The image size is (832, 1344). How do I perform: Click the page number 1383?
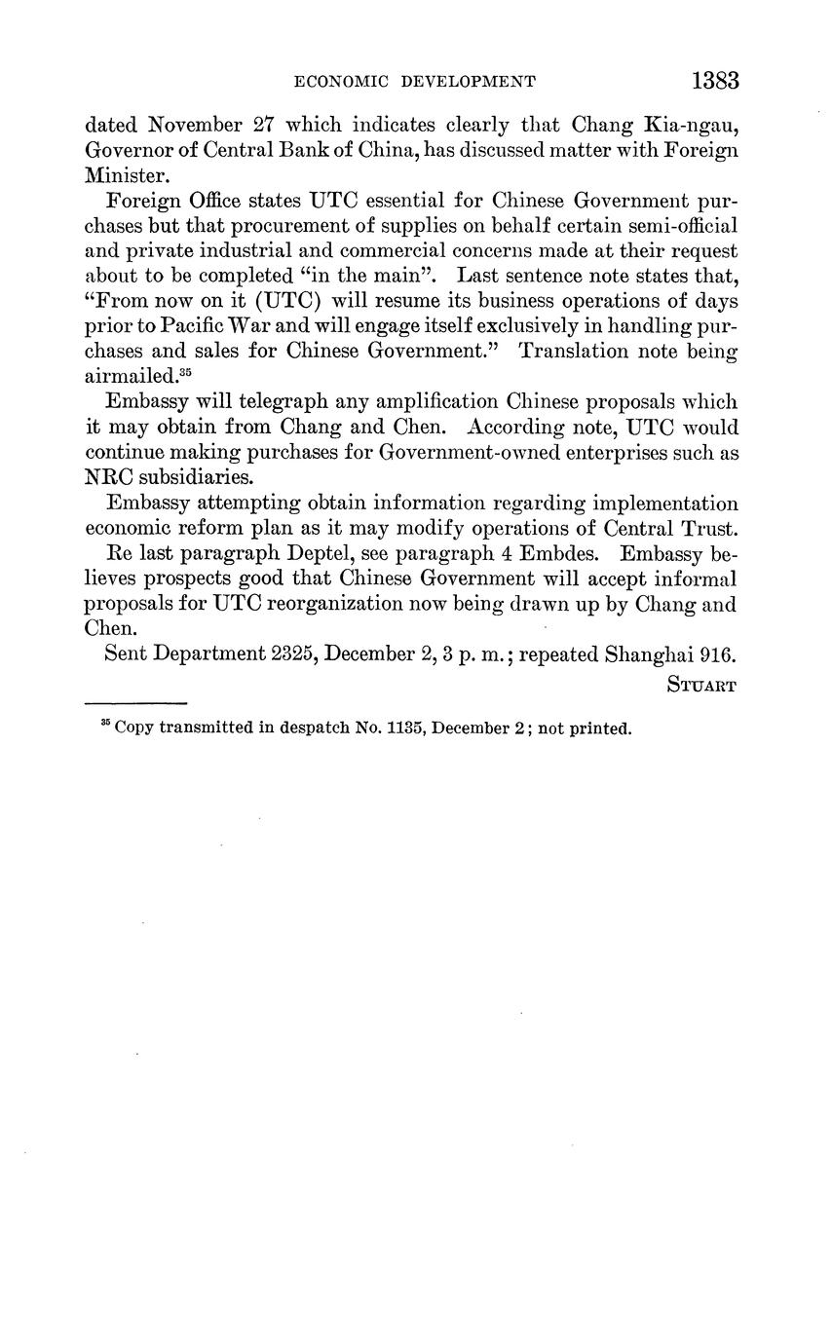(x=715, y=81)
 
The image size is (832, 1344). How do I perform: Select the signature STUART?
(x=702, y=684)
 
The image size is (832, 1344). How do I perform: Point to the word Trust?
(x=709, y=529)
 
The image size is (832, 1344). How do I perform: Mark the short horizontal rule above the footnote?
(x=135, y=702)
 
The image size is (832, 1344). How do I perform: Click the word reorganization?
(x=300, y=604)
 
